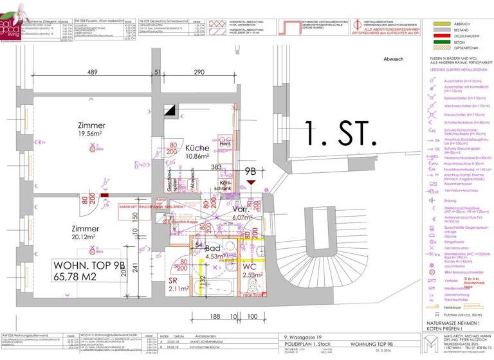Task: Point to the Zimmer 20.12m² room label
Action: (x=85, y=233)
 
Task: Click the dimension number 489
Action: (x=93, y=72)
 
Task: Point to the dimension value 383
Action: (x=216, y=167)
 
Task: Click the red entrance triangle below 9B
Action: (x=250, y=183)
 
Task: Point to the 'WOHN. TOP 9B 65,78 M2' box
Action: (x=89, y=270)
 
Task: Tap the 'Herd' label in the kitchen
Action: (x=224, y=144)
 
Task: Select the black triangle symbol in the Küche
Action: (x=172, y=111)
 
